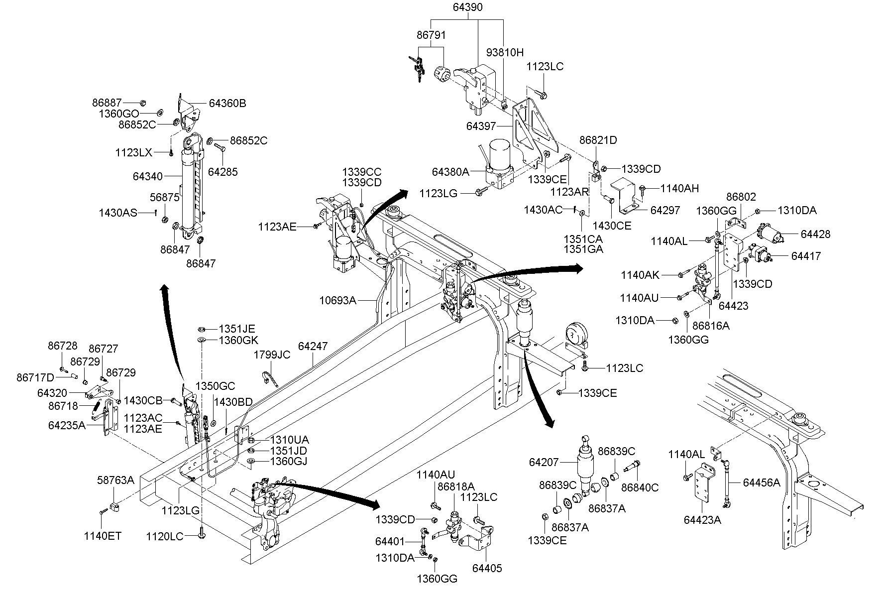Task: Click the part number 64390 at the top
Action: point(467,7)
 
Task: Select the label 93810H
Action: point(505,53)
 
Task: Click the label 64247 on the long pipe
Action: point(313,346)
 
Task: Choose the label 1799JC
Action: point(272,355)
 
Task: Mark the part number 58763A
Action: point(115,480)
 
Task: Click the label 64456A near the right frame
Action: point(762,482)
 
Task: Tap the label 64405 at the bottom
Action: point(487,568)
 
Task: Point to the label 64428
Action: point(815,234)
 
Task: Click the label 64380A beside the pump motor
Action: point(450,172)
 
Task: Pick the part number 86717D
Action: point(35,378)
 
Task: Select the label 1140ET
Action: point(103,536)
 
